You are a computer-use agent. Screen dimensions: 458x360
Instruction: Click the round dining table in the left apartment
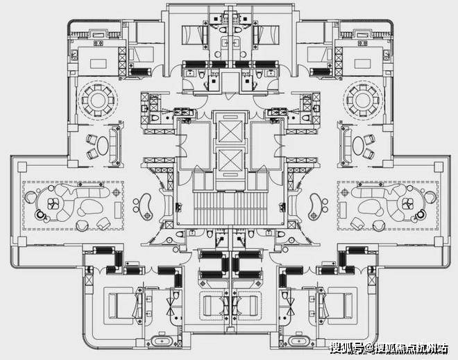[x=98, y=100]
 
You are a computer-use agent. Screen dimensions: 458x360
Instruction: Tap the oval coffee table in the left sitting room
[x=103, y=146]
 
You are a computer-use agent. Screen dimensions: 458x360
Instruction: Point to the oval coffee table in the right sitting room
[x=357, y=146]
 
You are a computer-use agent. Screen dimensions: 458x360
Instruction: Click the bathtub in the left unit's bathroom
[x=161, y=341]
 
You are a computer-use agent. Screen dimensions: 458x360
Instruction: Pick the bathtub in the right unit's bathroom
[x=298, y=341]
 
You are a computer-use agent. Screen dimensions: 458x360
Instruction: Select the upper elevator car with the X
[x=230, y=132]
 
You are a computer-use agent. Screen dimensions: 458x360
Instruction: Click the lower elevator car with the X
[x=230, y=160]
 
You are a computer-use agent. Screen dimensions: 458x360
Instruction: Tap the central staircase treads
[x=230, y=209]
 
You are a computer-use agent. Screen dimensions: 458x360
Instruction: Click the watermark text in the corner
[x=389, y=348]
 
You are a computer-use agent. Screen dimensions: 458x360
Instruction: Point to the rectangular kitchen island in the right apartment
[x=362, y=64]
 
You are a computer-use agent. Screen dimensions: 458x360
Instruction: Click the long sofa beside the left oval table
[x=114, y=146]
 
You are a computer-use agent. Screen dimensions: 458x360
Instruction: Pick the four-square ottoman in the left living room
[x=53, y=204]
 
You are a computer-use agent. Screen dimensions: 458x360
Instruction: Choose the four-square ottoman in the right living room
[x=408, y=204]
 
